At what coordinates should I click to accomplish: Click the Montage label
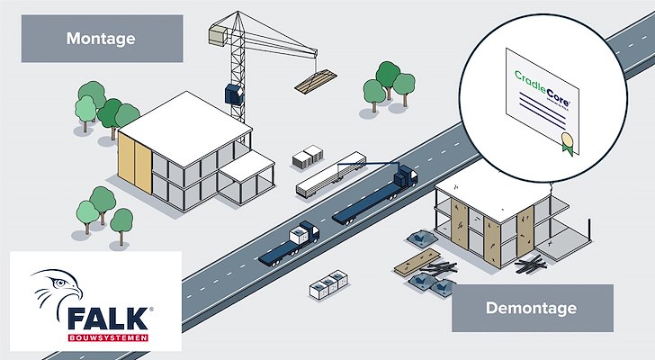[x=102, y=39]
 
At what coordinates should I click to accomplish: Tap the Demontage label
[x=532, y=309]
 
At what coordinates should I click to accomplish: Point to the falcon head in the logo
[x=55, y=291]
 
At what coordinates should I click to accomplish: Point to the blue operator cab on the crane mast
[x=232, y=94]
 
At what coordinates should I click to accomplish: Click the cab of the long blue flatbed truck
[x=406, y=175]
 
